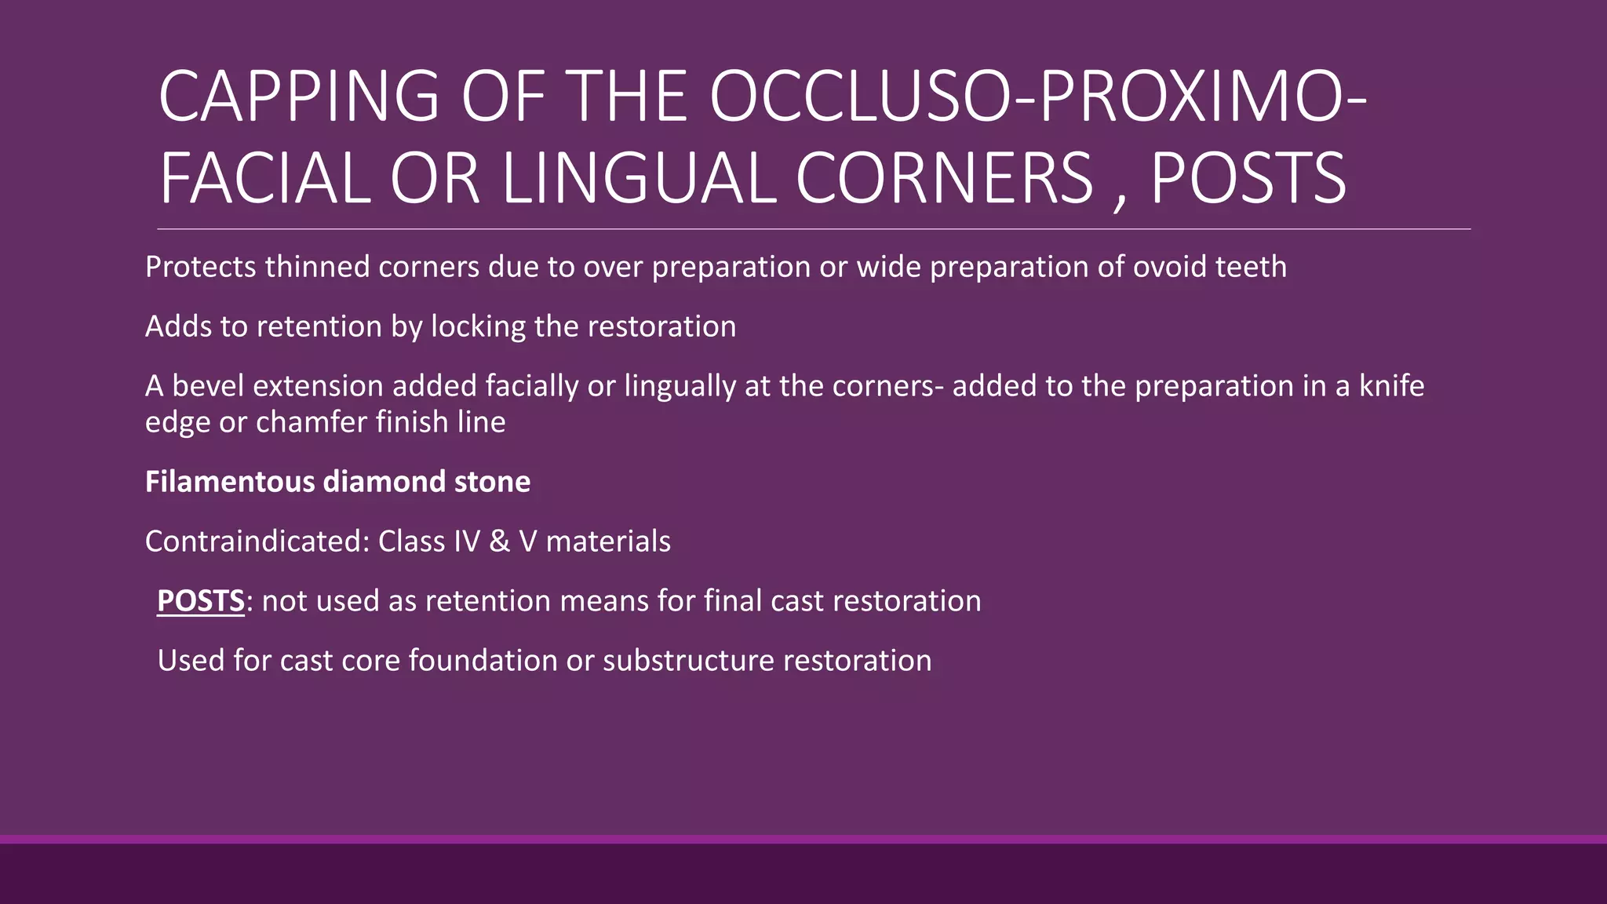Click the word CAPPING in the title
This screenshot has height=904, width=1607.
point(298,97)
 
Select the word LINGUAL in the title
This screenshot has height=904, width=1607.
point(639,179)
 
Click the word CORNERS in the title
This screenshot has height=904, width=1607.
point(944,179)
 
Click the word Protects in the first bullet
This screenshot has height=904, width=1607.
point(200,268)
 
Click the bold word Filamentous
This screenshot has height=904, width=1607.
point(229,482)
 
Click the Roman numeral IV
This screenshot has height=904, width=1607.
point(467,541)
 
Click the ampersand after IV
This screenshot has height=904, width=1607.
point(499,541)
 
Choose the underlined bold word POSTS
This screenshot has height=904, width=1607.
point(201,601)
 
